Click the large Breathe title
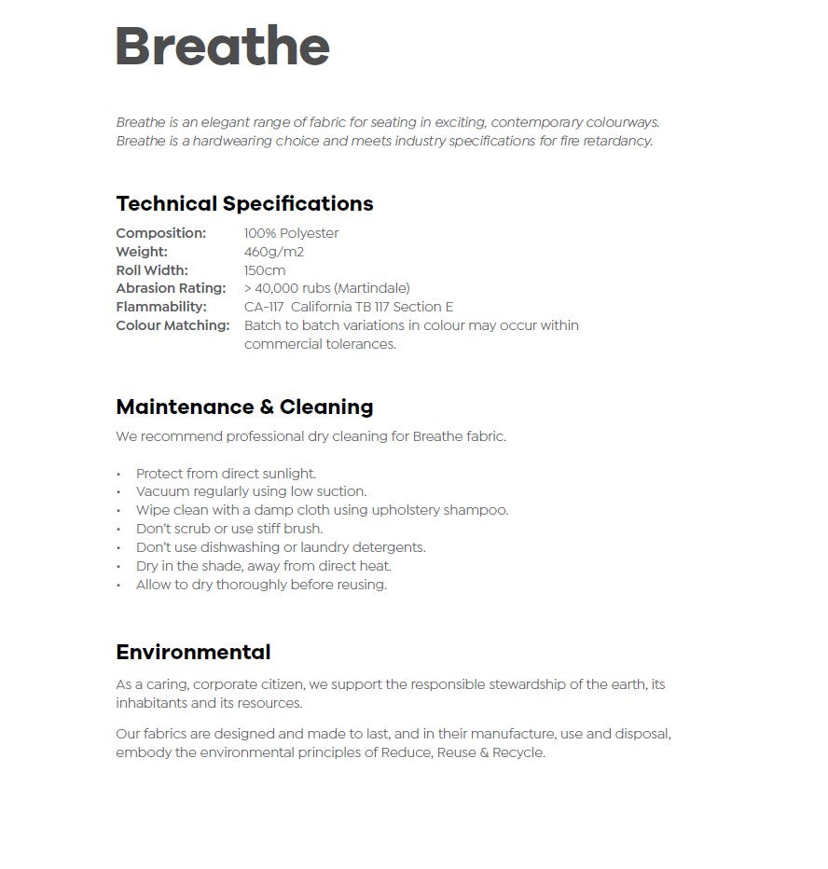(x=222, y=47)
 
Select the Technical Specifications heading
(x=244, y=204)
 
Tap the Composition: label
(x=160, y=233)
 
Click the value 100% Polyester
(x=291, y=233)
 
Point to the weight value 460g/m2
(x=274, y=252)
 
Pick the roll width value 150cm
(x=265, y=270)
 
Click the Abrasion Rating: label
(x=171, y=288)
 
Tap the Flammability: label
(x=161, y=307)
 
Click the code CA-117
(x=264, y=307)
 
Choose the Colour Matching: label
(x=172, y=325)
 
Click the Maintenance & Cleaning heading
(x=244, y=407)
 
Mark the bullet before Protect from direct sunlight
(x=118, y=474)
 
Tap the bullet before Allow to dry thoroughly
(x=118, y=586)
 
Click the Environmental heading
(x=193, y=653)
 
